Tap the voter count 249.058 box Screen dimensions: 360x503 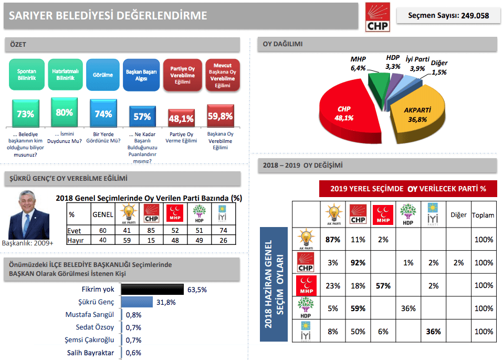[x=448, y=16]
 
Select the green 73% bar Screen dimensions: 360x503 [x=25, y=114]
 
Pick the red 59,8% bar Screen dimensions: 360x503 [x=220, y=116]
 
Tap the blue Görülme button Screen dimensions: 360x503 [x=103, y=75]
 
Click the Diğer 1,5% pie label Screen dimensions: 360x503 [x=439, y=68]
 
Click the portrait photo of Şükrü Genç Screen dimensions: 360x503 [x=29, y=214]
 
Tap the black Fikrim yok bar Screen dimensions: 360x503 [x=152, y=289]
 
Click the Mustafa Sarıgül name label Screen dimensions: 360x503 [x=90, y=315]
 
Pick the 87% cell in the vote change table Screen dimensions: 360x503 [x=332, y=240]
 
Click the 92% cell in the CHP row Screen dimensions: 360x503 [x=358, y=263]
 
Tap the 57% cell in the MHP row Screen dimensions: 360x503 [x=383, y=286]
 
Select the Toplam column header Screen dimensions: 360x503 [x=483, y=215]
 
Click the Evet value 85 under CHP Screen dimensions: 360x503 [x=151, y=230]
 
